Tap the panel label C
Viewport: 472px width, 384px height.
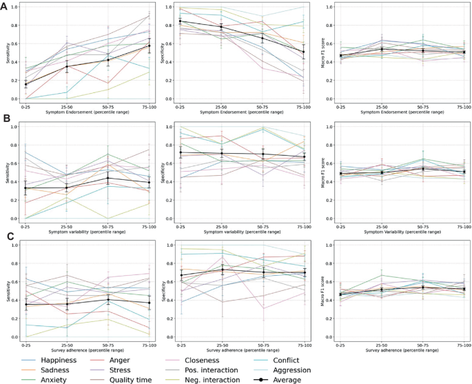(6, 237)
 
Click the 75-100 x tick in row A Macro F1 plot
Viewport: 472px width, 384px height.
(455, 107)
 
